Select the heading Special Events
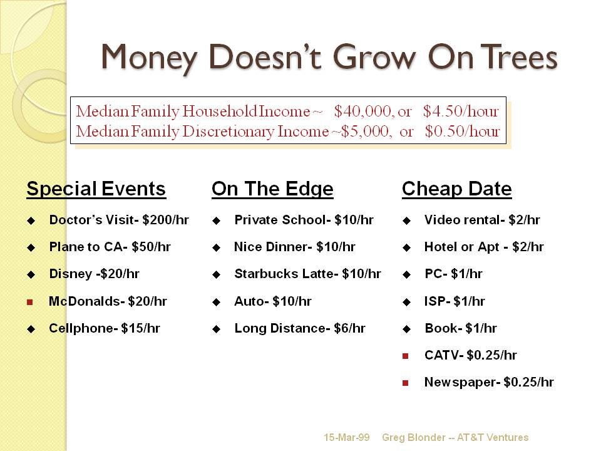[x=96, y=189]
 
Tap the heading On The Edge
[x=272, y=189]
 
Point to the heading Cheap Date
[x=457, y=189]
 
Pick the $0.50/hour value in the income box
[x=462, y=132]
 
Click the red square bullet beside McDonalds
[x=30, y=302]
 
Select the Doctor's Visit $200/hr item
[x=119, y=220]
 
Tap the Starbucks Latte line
[x=308, y=274]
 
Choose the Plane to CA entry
[x=110, y=247]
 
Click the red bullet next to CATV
[x=406, y=356]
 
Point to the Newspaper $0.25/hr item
[x=489, y=382]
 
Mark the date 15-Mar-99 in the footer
[x=346, y=438]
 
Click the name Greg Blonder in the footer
[x=414, y=438]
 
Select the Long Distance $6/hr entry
[x=300, y=329]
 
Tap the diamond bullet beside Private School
[x=217, y=220]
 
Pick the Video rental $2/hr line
[x=482, y=220]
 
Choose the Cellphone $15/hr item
[x=105, y=329]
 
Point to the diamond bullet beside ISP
[x=407, y=302]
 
